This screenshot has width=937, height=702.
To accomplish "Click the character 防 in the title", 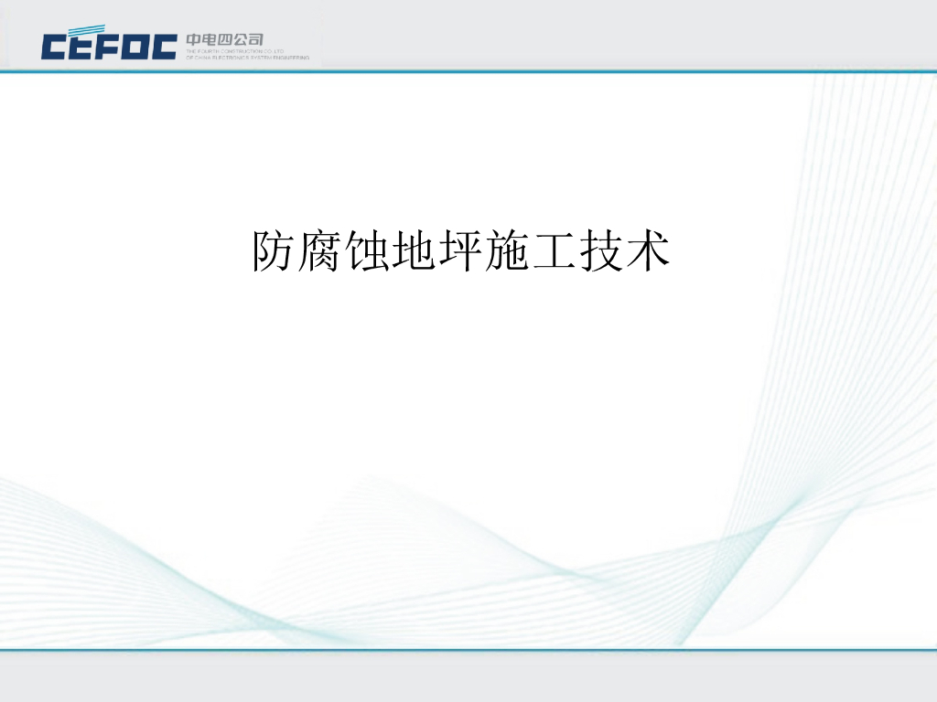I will pyautogui.click(x=275, y=251).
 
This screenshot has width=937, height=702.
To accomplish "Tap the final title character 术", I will pyautogui.click(x=648, y=251).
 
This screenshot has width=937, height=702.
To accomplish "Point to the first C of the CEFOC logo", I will pyautogui.click(x=54, y=47).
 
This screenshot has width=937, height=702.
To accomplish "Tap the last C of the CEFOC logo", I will pyautogui.click(x=163, y=47).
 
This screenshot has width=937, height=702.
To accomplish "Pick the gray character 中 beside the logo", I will pyautogui.click(x=194, y=39).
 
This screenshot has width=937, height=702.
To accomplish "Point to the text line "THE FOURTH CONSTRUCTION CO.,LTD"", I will pyautogui.click(x=235, y=51).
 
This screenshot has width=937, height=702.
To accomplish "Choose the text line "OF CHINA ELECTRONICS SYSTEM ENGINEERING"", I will pyautogui.click(x=247, y=58).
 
